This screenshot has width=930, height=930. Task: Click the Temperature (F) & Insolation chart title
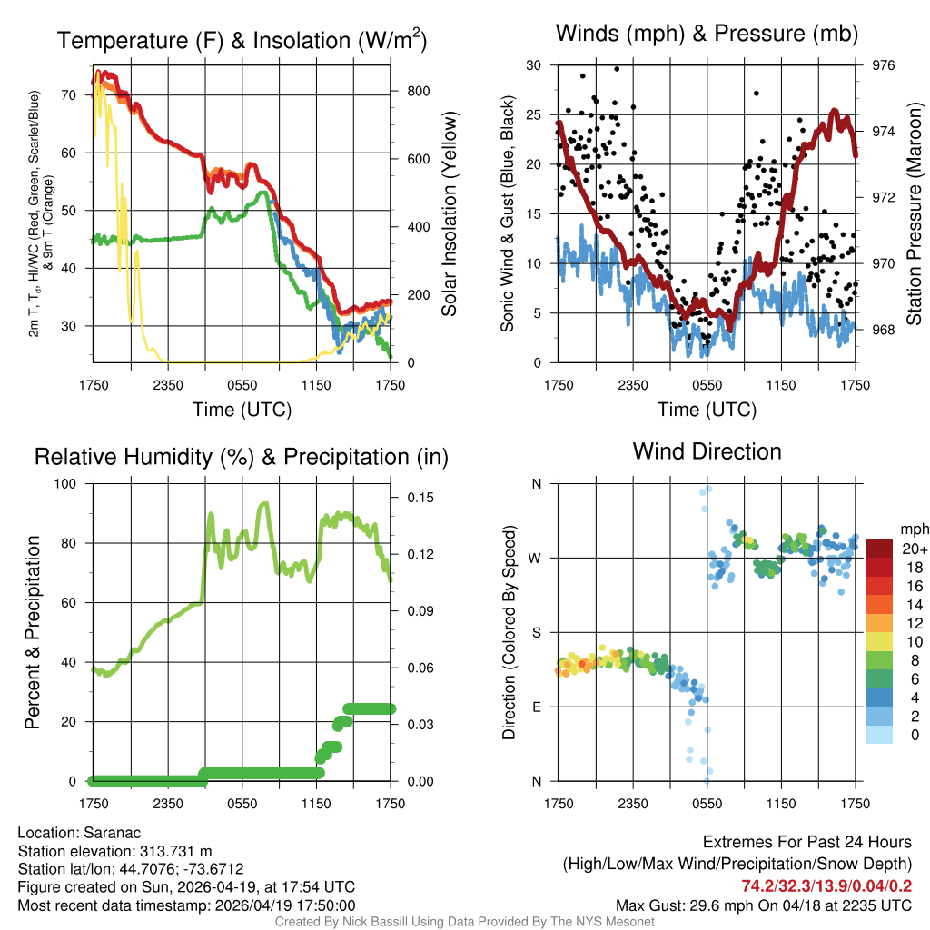pyautogui.click(x=242, y=40)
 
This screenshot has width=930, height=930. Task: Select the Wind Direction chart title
pyautogui.click(x=707, y=451)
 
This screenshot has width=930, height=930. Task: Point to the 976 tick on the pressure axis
pyautogui.click(x=883, y=65)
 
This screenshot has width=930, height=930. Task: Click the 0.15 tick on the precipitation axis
pyautogui.click(x=413, y=498)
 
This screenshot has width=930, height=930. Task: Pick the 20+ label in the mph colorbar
pyautogui.click(x=913, y=549)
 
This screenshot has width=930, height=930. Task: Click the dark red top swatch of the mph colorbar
pyautogui.click(x=879, y=549)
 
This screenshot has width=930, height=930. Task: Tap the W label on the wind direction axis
pyautogui.click(x=536, y=558)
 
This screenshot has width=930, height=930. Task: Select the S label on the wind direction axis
pyautogui.click(x=536, y=632)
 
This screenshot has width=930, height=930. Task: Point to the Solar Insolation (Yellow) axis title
pyautogui.click(x=449, y=214)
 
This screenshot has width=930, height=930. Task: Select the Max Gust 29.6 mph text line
pyautogui.click(x=763, y=905)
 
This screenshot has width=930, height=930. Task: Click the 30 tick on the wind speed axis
pyautogui.click(x=534, y=65)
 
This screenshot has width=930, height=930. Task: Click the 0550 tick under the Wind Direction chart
pyautogui.click(x=707, y=803)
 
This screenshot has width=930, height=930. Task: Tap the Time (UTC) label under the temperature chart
pyautogui.click(x=242, y=410)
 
